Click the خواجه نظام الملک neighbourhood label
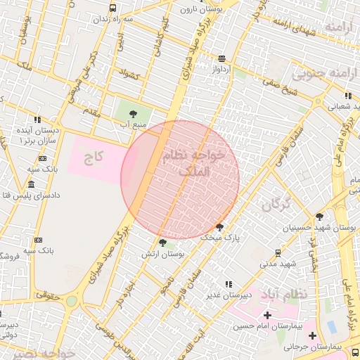(194, 162)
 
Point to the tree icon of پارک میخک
(220, 226)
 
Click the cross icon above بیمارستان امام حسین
(266, 315)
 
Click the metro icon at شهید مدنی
(278, 252)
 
